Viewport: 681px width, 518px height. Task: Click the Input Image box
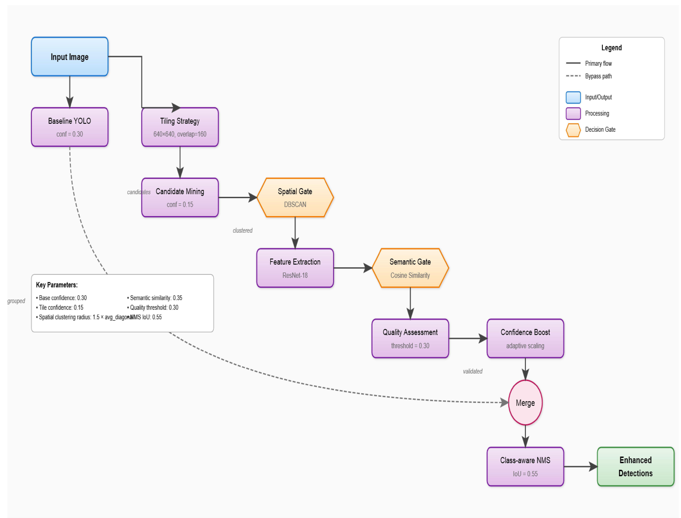70,57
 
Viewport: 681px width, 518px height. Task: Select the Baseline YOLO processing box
70,127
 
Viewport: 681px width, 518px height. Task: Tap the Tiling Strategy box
180,127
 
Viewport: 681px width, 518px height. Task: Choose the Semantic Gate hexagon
410,268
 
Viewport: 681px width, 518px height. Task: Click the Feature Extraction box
295,268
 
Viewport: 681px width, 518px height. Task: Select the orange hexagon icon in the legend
573,130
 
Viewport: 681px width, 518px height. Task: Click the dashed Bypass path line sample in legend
573,76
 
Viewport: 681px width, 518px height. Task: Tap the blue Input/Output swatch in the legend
573,97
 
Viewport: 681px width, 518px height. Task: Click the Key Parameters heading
57,285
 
